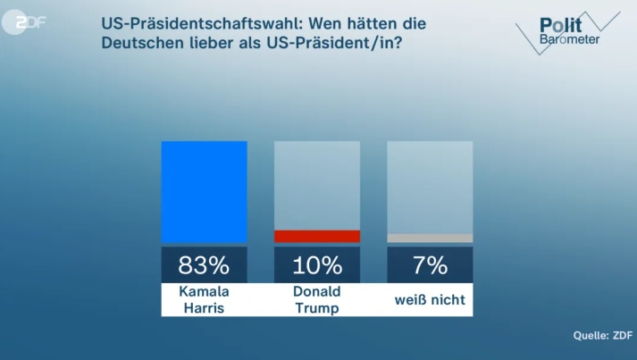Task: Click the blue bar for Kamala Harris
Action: click(204, 191)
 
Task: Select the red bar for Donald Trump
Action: click(316, 237)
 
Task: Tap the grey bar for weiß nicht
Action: click(430, 239)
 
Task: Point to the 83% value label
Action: click(204, 265)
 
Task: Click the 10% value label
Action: click(316, 265)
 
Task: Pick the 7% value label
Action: click(430, 265)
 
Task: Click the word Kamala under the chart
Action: click(204, 292)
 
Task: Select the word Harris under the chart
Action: click(204, 308)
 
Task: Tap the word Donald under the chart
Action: click(316, 292)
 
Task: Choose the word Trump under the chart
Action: click(316, 308)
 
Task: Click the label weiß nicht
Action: click(430, 300)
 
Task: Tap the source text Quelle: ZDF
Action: click(602, 336)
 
